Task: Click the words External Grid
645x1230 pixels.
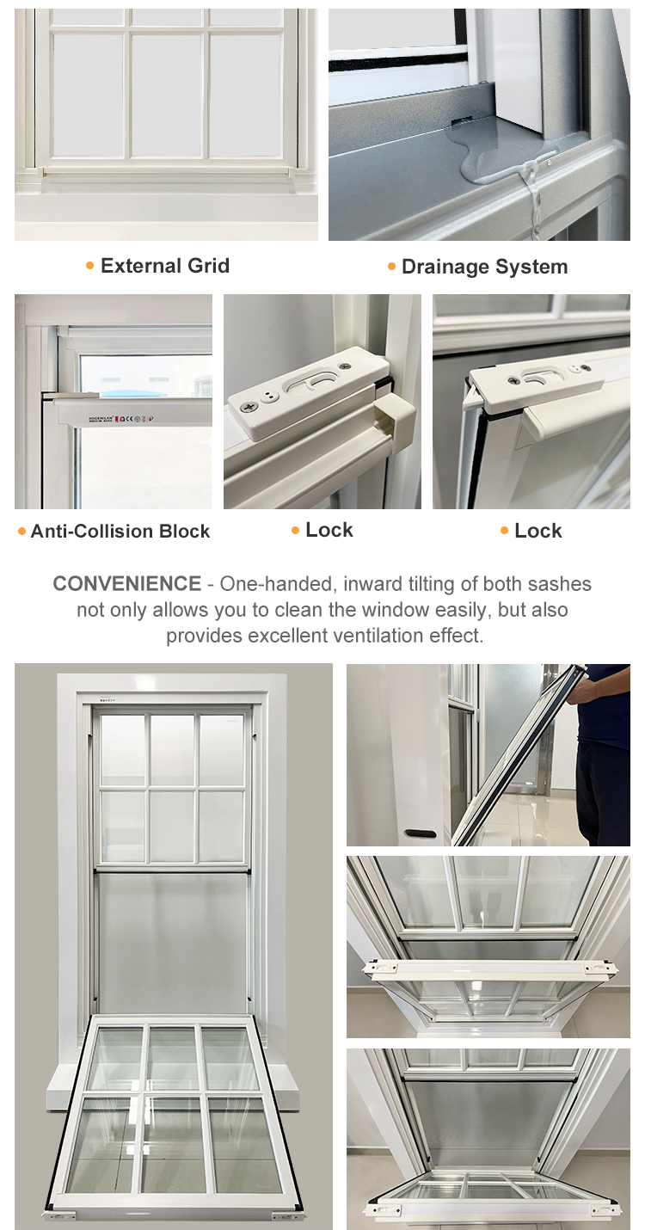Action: click(164, 266)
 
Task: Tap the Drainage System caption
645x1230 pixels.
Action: click(485, 267)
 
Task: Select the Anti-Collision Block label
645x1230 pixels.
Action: click(120, 531)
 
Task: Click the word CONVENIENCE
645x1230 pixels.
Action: click(126, 583)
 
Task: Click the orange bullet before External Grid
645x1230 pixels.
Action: click(90, 267)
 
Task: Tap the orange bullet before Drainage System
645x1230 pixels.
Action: click(391, 267)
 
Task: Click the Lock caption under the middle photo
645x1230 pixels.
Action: click(329, 530)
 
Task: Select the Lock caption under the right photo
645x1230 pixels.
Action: click(538, 531)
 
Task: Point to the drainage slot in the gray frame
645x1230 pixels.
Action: click(462, 119)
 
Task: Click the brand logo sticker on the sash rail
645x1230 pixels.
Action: click(120, 418)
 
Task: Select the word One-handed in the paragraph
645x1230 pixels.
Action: click(276, 584)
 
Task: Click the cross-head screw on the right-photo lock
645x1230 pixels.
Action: click(513, 378)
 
